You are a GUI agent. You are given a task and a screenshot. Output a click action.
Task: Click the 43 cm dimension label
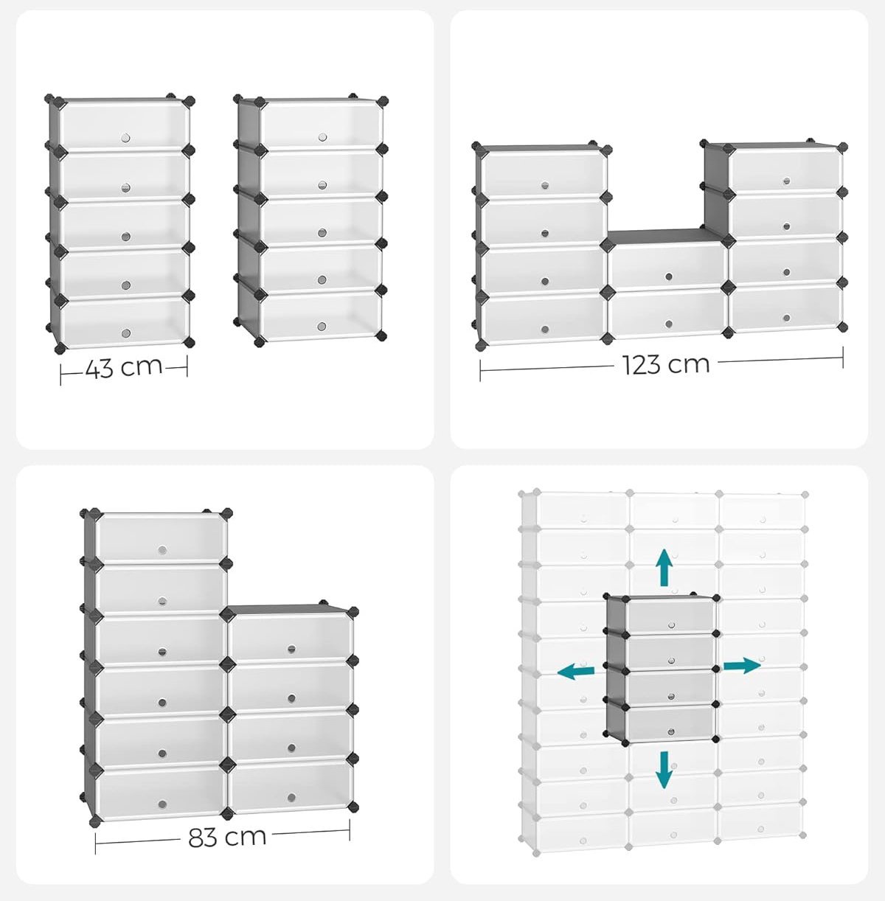123,366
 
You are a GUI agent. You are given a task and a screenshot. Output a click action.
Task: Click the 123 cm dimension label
665,363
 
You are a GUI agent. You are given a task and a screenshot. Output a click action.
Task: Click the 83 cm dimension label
227,837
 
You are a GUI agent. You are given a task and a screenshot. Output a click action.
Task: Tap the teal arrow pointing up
664,567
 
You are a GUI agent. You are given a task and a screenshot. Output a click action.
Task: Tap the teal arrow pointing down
664,769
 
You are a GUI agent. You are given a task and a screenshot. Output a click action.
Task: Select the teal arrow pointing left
576,671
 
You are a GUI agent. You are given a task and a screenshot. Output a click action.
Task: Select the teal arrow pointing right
741,666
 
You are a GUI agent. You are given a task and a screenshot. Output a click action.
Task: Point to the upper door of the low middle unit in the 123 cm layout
667,265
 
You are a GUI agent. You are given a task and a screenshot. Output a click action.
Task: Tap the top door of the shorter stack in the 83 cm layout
291,638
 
